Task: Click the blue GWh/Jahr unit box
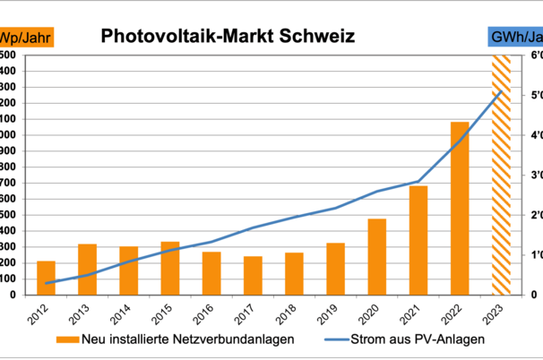click(x=514, y=38)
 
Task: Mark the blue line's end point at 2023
click(x=500, y=91)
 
